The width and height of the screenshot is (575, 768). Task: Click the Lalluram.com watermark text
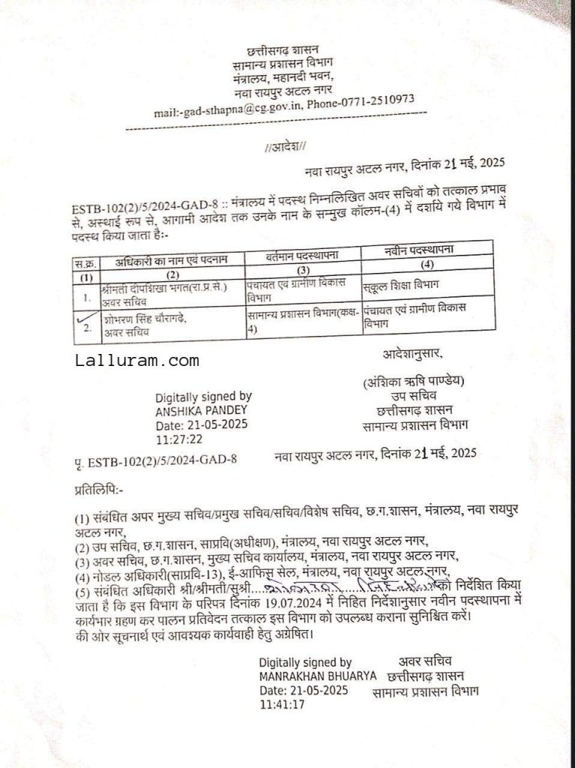(x=137, y=361)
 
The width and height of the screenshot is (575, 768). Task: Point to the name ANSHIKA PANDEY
(x=200, y=411)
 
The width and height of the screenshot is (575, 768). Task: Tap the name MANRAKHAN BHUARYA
(x=318, y=676)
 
